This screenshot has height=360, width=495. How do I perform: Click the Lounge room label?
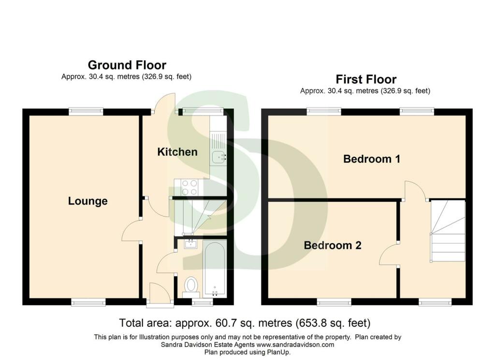(88, 202)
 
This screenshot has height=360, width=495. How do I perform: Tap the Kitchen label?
(177, 152)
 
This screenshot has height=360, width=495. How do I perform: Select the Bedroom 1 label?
(372, 158)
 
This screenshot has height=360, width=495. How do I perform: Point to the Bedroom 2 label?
(333, 245)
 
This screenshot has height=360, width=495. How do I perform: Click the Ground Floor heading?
(127, 65)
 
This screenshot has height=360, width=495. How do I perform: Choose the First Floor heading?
(366, 79)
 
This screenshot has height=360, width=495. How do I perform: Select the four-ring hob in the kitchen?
(189, 187)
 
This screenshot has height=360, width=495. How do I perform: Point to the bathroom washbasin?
(190, 244)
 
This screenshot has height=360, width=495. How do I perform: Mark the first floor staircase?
(448, 231)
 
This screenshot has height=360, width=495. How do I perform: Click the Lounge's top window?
(86, 111)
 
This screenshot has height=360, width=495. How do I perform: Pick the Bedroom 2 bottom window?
(334, 302)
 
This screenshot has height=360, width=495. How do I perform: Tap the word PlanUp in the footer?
(278, 352)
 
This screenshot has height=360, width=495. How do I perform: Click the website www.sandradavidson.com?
(295, 345)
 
